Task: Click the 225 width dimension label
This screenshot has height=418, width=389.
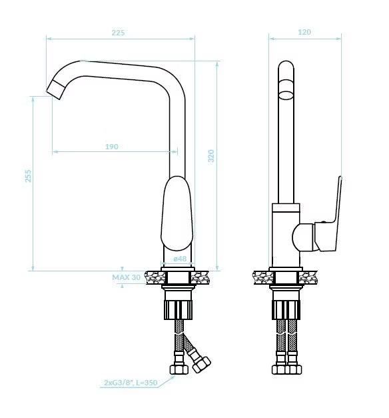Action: (x=118, y=33)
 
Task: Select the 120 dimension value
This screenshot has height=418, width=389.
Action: (x=304, y=32)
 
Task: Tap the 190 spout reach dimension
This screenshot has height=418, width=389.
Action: (x=112, y=147)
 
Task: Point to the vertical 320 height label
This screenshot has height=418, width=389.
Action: (x=211, y=156)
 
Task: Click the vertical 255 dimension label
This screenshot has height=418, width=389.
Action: (x=28, y=176)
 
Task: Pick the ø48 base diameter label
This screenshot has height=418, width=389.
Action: (x=180, y=259)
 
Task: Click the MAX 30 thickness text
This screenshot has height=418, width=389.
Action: (x=127, y=277)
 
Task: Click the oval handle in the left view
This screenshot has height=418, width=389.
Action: (x=177, y=213)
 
